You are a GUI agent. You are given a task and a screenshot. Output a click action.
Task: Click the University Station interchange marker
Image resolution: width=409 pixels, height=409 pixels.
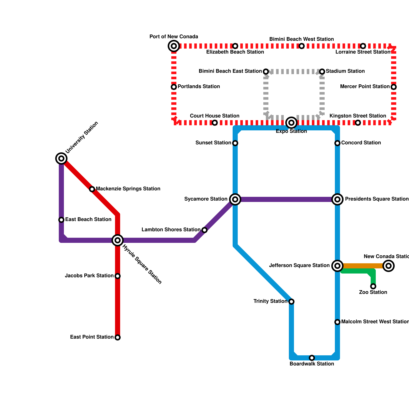coord(61,158)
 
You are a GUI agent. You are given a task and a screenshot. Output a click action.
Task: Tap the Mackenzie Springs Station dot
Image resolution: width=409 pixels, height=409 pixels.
coord(92,189)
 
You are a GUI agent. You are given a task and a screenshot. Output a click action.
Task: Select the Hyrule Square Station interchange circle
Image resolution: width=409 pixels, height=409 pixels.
coord(118,240)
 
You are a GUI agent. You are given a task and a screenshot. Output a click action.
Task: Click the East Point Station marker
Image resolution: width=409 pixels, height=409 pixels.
coord(118,337)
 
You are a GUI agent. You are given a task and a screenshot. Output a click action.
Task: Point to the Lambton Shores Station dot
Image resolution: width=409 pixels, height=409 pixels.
coord(204,230)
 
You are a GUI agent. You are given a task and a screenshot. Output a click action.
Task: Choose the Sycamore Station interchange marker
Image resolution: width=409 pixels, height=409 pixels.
coord(235,199)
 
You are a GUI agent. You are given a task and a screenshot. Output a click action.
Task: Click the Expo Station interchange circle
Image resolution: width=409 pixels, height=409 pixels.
coord(291,123)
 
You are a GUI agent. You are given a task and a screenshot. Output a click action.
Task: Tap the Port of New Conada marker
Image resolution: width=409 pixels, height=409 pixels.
coord(174,46)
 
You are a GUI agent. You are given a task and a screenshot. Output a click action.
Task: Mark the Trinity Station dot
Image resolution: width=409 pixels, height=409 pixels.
coord(291,302)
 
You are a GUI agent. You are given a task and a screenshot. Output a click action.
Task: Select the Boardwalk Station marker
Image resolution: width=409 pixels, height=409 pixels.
coord(312,358)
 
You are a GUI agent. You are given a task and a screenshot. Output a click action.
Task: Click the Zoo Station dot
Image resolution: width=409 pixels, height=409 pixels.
coord(373,286)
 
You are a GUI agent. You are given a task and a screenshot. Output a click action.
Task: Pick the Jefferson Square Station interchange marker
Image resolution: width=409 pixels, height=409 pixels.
coord(337,266)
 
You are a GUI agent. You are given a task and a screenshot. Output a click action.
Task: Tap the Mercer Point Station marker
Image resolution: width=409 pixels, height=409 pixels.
coord(394,87)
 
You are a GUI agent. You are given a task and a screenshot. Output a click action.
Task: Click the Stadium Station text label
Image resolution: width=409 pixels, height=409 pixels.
coord(345,71)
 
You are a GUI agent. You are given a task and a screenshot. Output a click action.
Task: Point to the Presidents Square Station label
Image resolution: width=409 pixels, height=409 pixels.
coord(377,199)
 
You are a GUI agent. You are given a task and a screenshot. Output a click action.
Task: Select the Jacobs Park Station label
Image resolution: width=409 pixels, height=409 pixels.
coord(89,276)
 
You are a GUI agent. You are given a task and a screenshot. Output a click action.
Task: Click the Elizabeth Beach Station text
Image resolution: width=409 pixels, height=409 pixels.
coord(235,52)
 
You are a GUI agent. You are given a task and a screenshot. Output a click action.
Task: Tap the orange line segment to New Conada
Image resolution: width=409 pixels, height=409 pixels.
coord(363,266)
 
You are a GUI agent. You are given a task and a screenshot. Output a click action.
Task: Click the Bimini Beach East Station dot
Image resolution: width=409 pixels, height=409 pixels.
coord(266,71)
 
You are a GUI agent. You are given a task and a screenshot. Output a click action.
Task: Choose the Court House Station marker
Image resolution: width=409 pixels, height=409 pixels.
coord(215,123)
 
